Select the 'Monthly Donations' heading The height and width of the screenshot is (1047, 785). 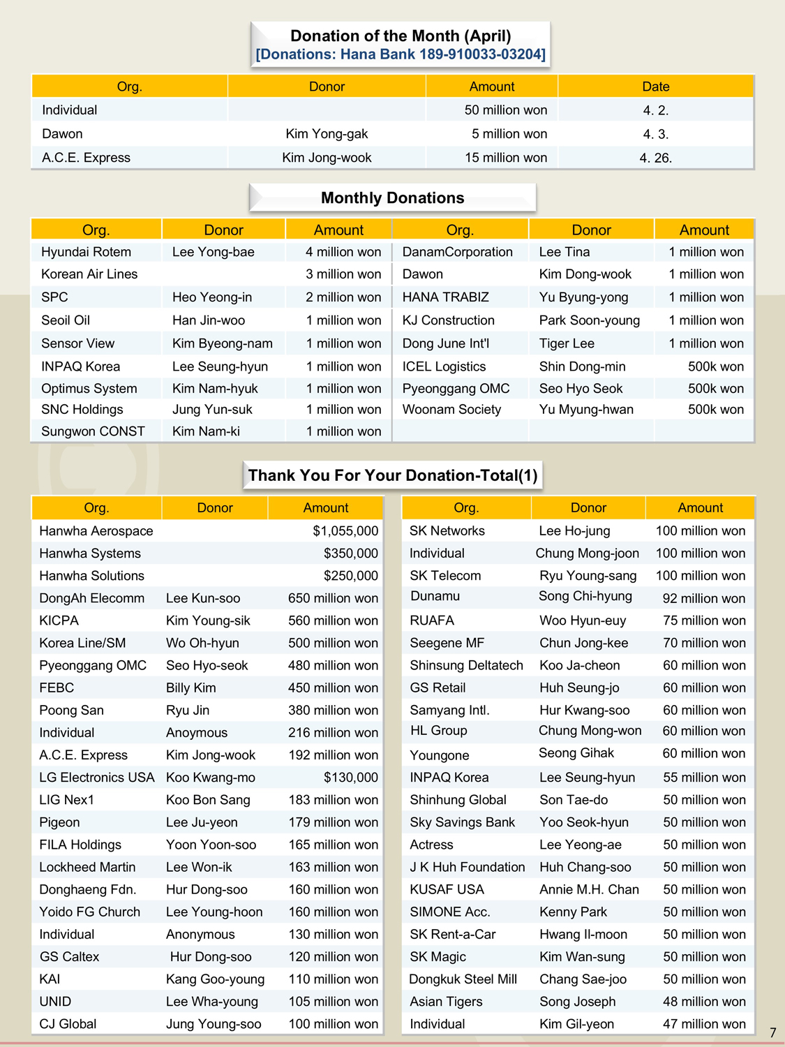coord(392,198)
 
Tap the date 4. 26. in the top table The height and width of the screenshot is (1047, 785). coord(655,158)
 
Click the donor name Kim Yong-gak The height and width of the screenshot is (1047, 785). coord(327,134)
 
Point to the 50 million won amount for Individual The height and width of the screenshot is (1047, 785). coord(505,110)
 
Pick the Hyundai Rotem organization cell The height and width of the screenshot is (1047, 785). coord(86,252)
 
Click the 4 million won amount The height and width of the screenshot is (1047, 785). coord(343,252)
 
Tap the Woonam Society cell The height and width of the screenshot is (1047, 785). coord(451,410)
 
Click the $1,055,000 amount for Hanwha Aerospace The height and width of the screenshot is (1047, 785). coord(345,531)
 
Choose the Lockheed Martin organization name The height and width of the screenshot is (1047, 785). coord(87,867)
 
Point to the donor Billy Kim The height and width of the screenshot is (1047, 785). coord(190,688)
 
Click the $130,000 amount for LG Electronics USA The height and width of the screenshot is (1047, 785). coord(350,778)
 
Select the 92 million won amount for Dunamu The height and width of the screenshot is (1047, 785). coord(703,598)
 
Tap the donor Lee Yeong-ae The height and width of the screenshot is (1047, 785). coord(580,845)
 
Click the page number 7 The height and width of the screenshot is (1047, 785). coord(772,1032)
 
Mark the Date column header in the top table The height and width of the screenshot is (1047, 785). coord(655,87)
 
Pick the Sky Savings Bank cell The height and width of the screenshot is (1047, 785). coord(462,822)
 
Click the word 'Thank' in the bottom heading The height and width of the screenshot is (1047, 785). coord(271,475)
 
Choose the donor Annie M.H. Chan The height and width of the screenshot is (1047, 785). coord(589,889)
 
